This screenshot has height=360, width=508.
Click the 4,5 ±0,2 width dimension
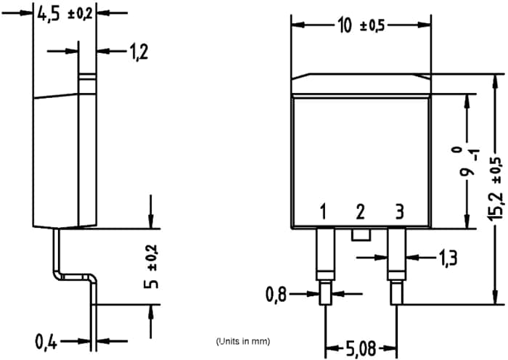(64, 14)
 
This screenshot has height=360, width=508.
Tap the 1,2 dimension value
(138, 52)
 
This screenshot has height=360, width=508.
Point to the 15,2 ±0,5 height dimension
(496, 189)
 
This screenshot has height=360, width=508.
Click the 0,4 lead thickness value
(48, 340)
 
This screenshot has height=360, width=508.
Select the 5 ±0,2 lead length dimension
(150, 266)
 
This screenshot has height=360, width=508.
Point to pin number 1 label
(324, 213)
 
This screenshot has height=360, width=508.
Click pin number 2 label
(360, 213)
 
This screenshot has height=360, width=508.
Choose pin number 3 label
(398, 213)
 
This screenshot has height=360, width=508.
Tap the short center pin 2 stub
(360, 234)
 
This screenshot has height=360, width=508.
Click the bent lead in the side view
(73, 276)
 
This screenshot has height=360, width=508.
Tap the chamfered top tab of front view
(361, 84)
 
